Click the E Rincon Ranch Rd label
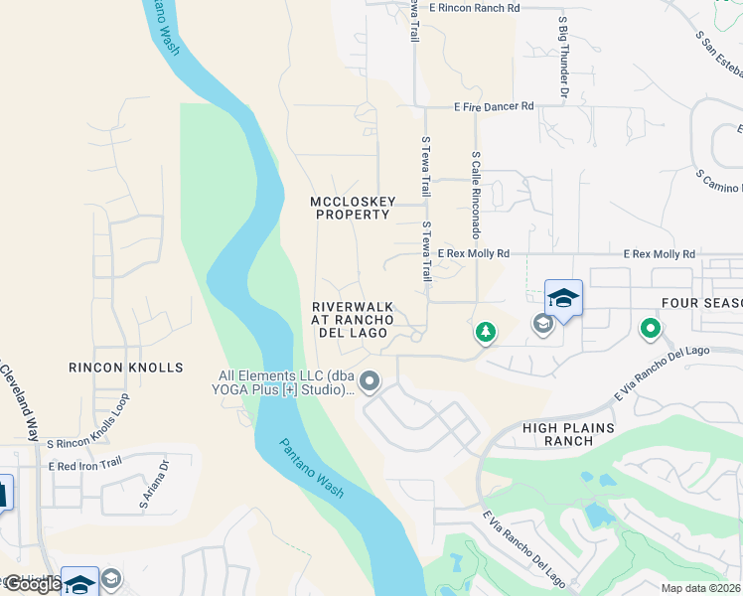pos(474,8)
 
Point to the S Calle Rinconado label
pos(477,195)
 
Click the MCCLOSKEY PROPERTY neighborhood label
pos(351,208)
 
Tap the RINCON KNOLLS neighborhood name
pos(126,368)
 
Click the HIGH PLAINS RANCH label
pos(568,435)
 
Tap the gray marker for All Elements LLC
pos(371,381)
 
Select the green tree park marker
pos(485,332)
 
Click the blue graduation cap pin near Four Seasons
pos(563,299)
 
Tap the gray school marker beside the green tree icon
pos(542,323)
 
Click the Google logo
pos(32,584)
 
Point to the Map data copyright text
pos(701,588)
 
